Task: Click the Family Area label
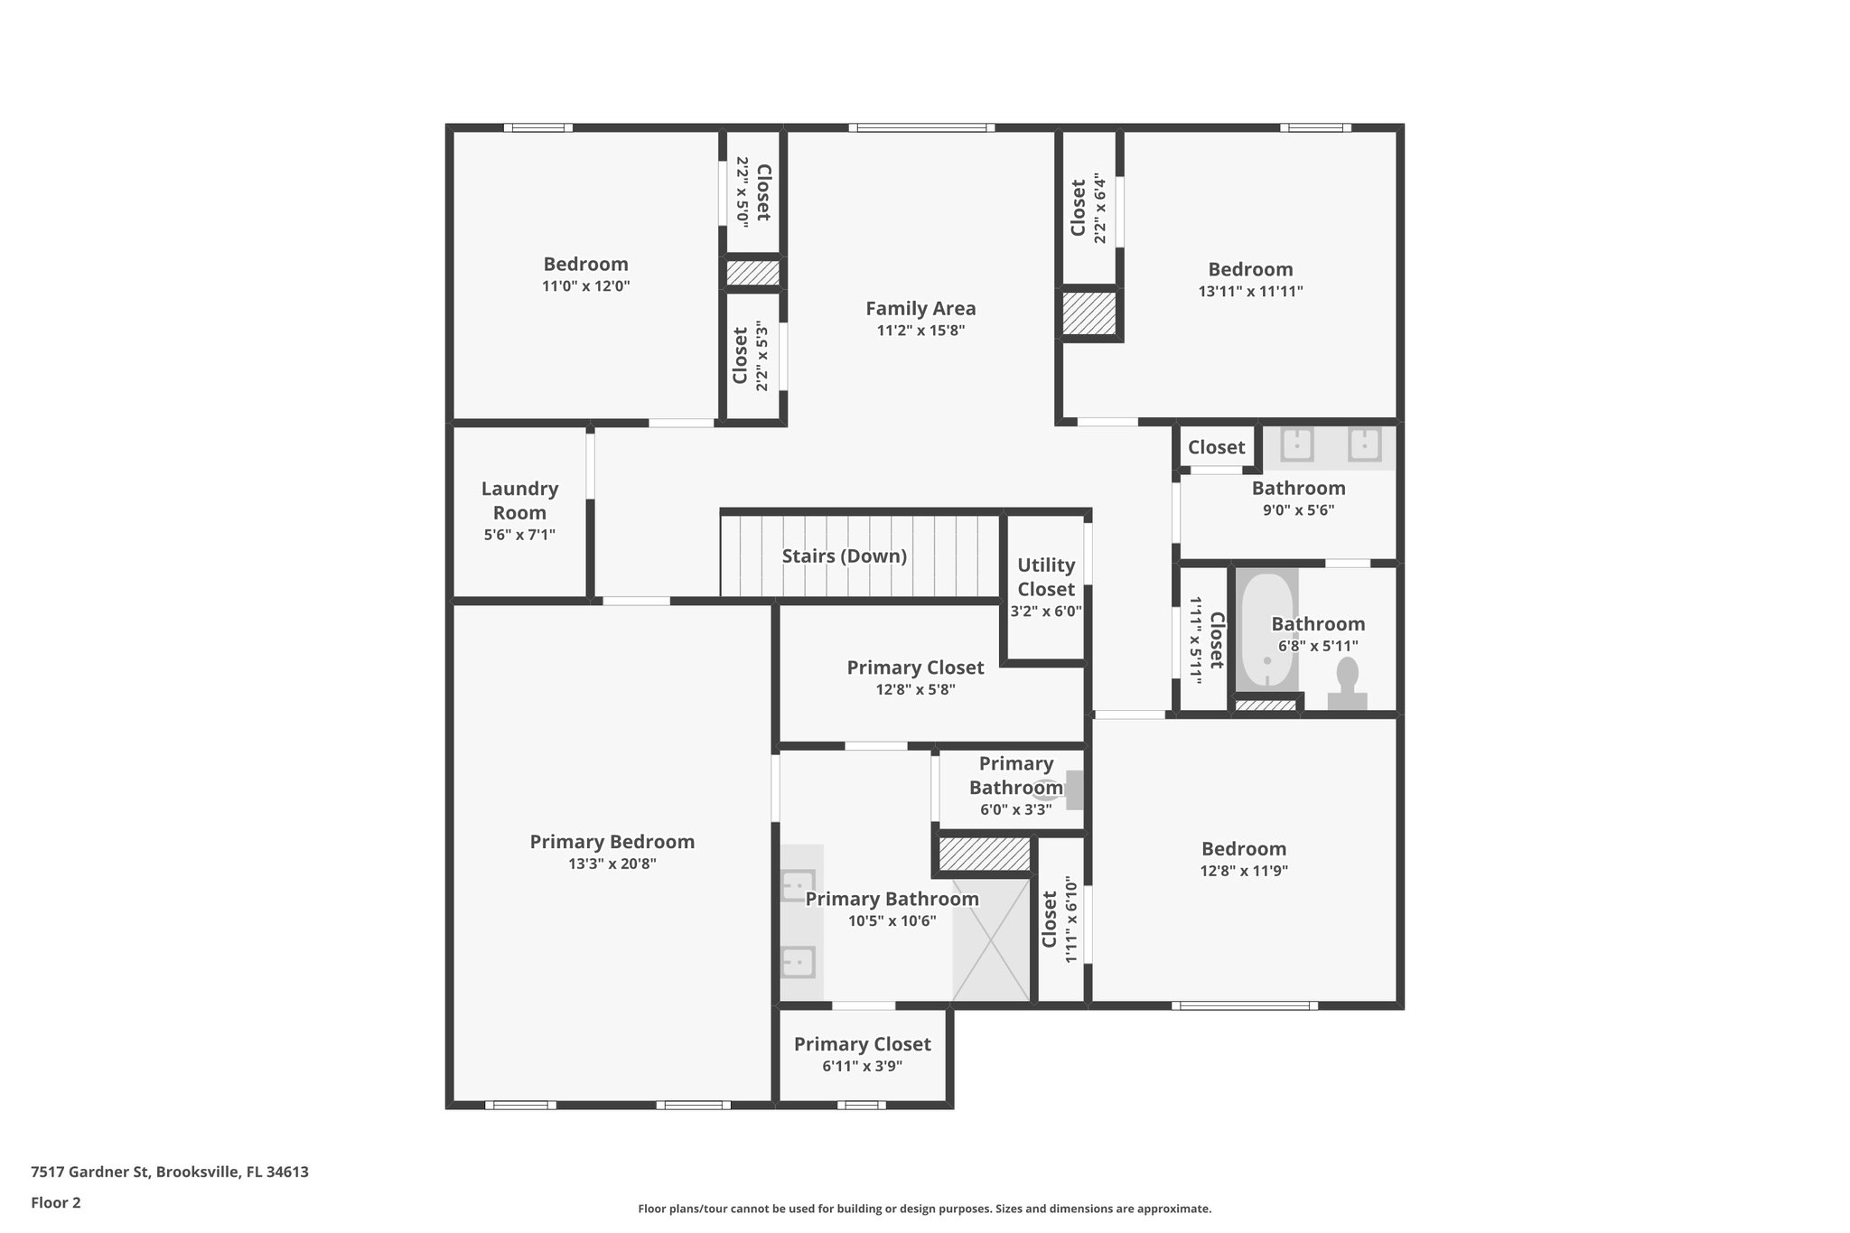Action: pyautogui.click(x=920, y=309)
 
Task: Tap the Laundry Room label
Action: pyautogui.click(x=519, y=500)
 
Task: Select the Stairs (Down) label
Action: pyautogui.click(x=844, y=556)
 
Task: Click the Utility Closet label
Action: pyautogui.click(x=1046, y=577)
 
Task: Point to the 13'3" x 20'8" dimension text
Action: pyautogui.click(x=612, y=864)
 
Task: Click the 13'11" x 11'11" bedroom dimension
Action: pyautogui.click(x=1250, y=292)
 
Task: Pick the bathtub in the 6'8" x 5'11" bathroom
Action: pyautogui.click(x=1266, y=632)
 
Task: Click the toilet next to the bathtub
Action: pyautogui.click(x=1347, y=683)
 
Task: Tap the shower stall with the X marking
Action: pyautogui.click(x=991, y=939)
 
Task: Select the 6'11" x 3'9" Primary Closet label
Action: pyautogui.click(x=862, y=1044)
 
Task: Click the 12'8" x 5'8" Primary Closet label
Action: pyautogui.click(x=915, y=668)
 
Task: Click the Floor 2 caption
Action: pyautogui.click(x=56, y=1202)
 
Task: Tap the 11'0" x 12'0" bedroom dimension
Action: pyautogui.click(x=585, y=286)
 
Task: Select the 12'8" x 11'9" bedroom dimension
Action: pyautogui.click(x=1244, y=871)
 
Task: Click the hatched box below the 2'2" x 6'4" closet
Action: pyautogui.click(x=1089, y=313)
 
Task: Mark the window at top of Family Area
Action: pyautogui.click(x=921, y=128)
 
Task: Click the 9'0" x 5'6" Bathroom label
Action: pyautogui.click(x=1298, y=489)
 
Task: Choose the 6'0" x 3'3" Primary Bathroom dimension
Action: pyautogui.click(x=1015, y=809)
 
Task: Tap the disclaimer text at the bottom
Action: pyautogui.click(x=924, y=1209)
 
